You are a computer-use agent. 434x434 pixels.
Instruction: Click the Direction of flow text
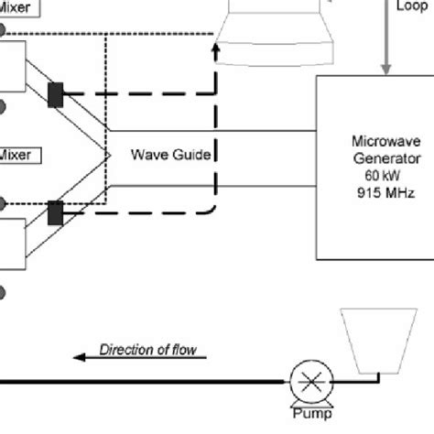[147, 349]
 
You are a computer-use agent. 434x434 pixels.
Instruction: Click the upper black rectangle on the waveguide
[56, 94]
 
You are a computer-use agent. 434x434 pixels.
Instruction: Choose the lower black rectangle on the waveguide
[56, 212]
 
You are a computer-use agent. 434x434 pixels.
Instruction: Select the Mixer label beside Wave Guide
[16, 155]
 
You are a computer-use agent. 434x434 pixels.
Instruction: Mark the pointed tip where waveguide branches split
[110, 155]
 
